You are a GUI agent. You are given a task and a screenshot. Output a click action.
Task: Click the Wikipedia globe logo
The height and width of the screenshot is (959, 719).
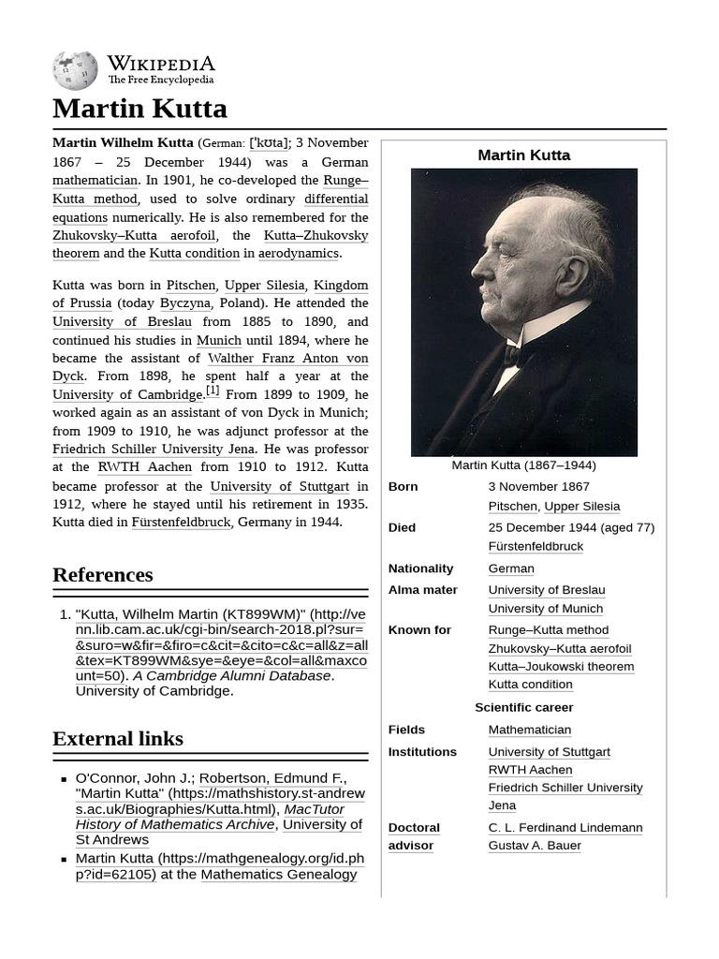point(75,70)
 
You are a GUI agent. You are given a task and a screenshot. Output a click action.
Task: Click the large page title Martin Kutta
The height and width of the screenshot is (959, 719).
point(139,109)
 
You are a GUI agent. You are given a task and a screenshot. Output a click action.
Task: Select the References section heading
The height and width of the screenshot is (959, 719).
point(102,574)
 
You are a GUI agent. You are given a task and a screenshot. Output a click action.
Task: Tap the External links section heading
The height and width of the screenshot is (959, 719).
point(117,738)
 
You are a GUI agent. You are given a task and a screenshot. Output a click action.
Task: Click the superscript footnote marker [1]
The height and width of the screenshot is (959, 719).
point(213,391)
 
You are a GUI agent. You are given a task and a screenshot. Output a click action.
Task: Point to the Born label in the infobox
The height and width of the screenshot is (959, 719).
point(404,487)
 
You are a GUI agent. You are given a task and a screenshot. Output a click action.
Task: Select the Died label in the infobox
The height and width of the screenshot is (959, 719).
point(402,527)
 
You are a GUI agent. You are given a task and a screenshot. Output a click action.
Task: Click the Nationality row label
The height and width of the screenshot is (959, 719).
point(420,568)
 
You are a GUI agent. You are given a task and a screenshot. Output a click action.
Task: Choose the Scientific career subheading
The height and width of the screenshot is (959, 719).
point(523,707)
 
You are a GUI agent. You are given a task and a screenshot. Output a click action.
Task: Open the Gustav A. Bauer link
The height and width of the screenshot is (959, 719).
point(535,846)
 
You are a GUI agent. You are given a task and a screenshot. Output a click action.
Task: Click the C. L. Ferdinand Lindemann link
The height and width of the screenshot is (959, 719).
point(565,828)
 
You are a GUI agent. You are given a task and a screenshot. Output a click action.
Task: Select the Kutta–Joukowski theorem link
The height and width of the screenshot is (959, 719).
point(561,667)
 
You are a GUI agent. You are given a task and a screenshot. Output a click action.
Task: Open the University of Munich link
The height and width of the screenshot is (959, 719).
point(546,609)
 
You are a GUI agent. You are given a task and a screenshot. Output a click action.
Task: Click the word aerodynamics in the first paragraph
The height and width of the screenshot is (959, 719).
point(299,254)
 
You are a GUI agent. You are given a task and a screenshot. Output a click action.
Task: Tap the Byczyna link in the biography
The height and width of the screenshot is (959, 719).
point(184,303)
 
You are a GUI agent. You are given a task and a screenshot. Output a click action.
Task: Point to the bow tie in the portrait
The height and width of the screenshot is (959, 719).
point(513,357)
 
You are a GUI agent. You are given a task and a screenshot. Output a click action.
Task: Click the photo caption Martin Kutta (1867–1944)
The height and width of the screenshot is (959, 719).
point(523,465)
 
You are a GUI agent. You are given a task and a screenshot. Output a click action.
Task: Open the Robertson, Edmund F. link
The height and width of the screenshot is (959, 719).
point(271,778)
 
